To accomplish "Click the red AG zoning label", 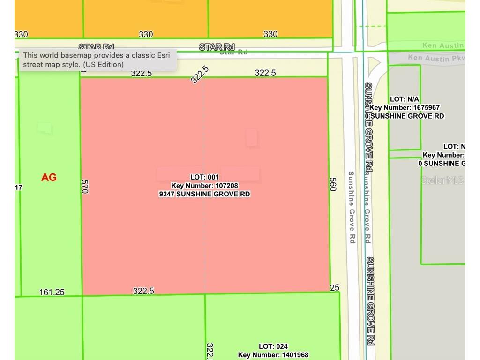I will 49,177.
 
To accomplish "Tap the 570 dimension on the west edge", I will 85,186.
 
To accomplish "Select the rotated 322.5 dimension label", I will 200,75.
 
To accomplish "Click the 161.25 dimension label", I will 52,292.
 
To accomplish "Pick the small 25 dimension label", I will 334,287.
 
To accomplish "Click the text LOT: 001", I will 204,177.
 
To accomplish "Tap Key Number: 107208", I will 204,186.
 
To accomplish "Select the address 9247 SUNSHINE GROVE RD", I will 204,194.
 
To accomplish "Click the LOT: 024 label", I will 273,346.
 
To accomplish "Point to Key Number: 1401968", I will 273,355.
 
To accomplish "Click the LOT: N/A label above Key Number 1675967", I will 405,99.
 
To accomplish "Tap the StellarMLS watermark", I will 442,180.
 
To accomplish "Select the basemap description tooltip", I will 97,60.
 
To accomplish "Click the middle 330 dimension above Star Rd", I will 146,34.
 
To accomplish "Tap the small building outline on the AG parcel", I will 45,127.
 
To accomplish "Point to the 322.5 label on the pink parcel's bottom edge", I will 143,291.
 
